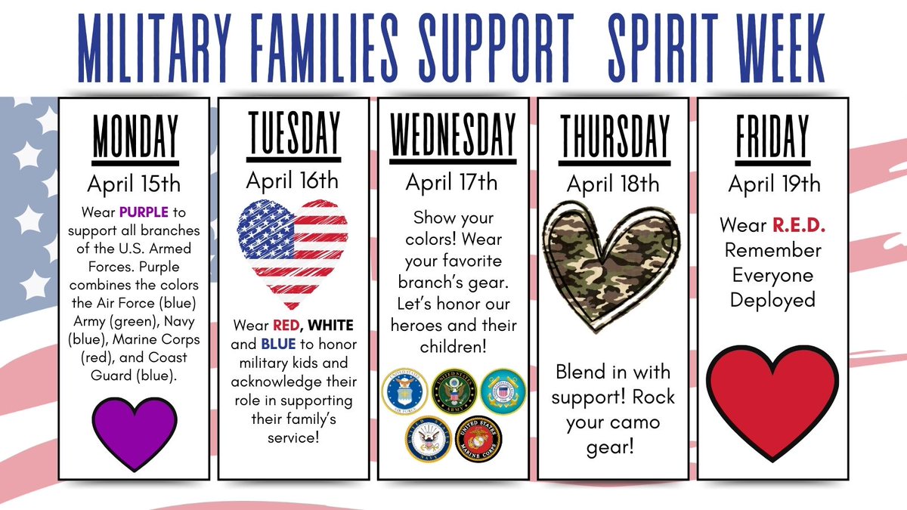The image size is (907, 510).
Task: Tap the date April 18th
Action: pyautogui.click(x=613, y=183)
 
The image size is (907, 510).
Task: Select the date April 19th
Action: pyautogui.click(x=773, y=183)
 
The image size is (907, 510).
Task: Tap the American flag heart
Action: pyautogui.click(x=293, y=246)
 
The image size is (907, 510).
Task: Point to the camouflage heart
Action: pyautogui.click(x=613, y=261)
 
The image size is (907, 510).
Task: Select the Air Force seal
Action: pyautogui.click(x=404, y=390)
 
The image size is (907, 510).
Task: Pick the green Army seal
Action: pyautogui.click(x=453, y=390)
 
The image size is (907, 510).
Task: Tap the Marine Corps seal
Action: pyautogui.click(x=478, y=439)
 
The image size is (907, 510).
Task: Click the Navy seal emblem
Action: pyautogui.click(x=429, y=439)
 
